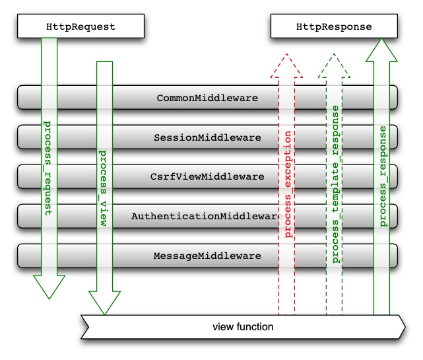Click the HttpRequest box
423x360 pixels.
pyautogui.click(x=81, y=27)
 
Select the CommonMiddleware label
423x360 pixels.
pyautogui.click(x=207, y=98)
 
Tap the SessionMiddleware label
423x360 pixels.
pyautogui.click(x=207, y=137)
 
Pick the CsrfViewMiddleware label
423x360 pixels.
pyautogui.click(x=207, y=176)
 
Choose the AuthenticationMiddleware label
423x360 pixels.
pyautogui.click(x=207, y=216)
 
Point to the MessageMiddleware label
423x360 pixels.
pyautogui.click(x=207, y=255)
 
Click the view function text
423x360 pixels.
pyautogui.click(x=243, y=327)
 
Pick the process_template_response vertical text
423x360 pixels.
pyautogui.click(x=335, y=184)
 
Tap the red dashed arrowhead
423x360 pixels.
pyautogui.click(x=287, y=65)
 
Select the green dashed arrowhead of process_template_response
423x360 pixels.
pyautogui.click(x=335, y=65)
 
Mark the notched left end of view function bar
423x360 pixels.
pyautogui.click(x=84, y=327)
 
